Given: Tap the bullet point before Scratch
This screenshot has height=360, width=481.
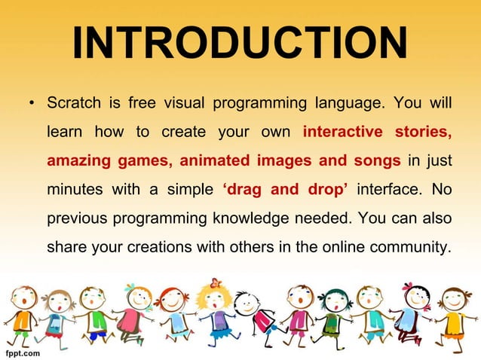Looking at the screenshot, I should click(31, 102).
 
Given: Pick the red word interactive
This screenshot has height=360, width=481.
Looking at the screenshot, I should click(341, 132).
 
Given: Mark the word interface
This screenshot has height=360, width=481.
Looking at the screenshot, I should click(388, 191).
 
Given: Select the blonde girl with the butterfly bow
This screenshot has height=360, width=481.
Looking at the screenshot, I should click(214, 309).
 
